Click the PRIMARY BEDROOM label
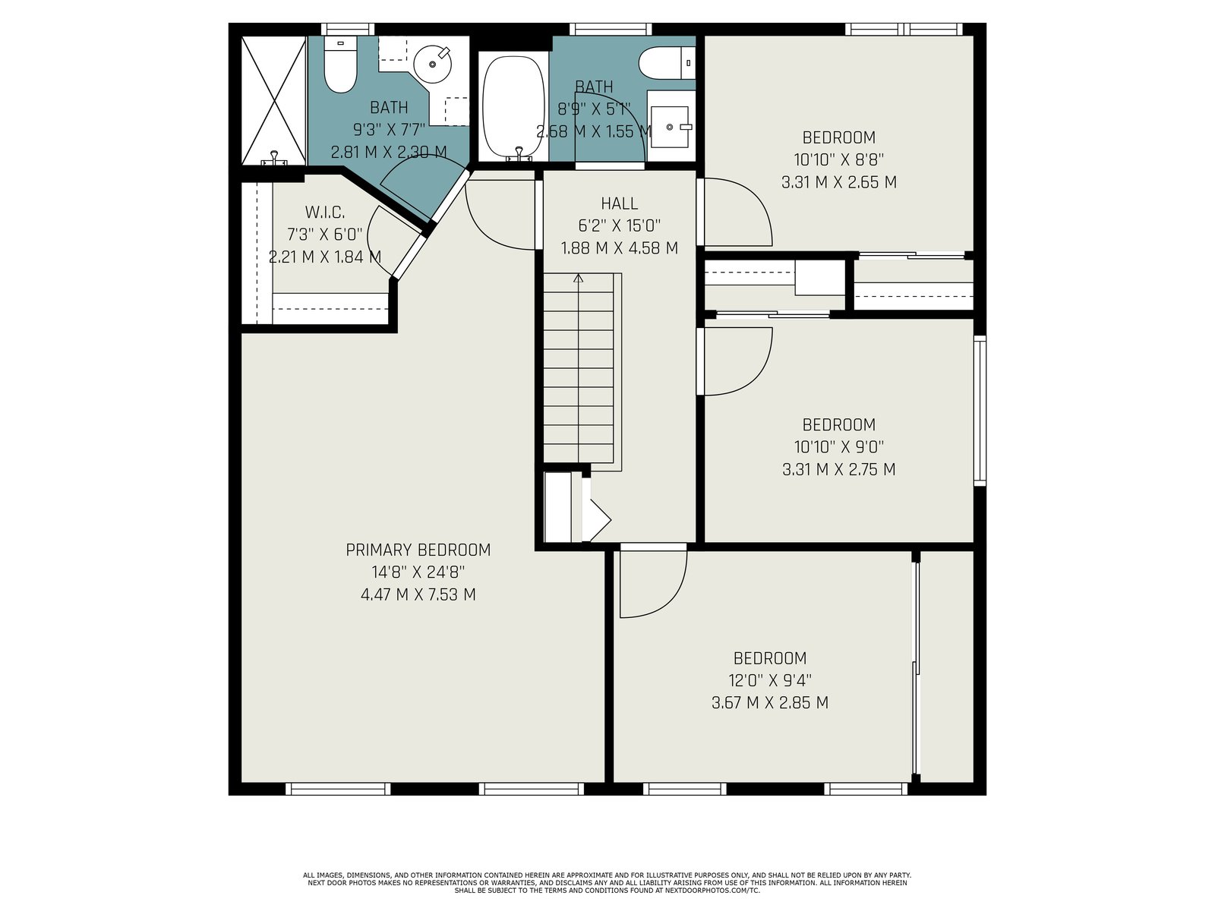pyautogui.click(x=418, y=550)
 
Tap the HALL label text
pyautogui.click(x=620, y=203)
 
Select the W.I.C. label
pyautogui.click(x=325, y=212)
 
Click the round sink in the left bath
pyautogui.click(x=432, y=65)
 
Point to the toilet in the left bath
pyautogui.click(x=340, y=65)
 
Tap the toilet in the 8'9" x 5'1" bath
pyautogui.click(x=667, y=63)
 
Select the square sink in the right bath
pyautogui.click(x=671, y=128)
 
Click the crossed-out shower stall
pyautogui.click(x=273, y=100)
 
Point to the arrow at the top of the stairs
pyautogui.click(x=579, y=278)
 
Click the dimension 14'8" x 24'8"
pyautogui.click(x=418, y=572)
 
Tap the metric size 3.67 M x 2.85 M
pyautogui.click(x=769, y=702)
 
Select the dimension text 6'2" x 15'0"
pyautogui.click(x=620, y=225)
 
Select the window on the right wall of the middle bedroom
pyautogui.click(x=980, y=411)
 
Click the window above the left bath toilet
pyautogui.click(x=348, y=30)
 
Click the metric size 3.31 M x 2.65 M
pyautogui.click(x=838, y=182)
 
